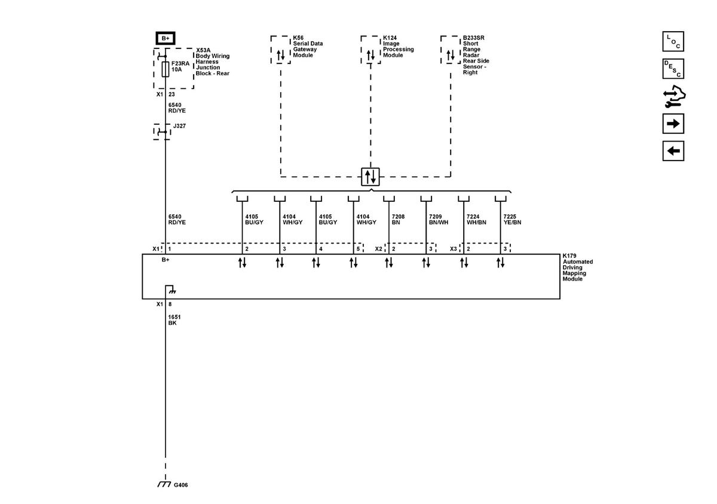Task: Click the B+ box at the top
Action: pyautogui.click(x=165, y=38)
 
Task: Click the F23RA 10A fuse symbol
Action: pyautogui.click(x=166, y=68)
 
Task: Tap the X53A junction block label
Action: pyautogui.click(x=213, y=62)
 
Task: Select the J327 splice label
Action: pyautogui.click(x=180, y=126)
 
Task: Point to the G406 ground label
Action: pyautogui.click(x=181, y=485)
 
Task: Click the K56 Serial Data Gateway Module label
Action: pyautogui.click(x=308, y=47)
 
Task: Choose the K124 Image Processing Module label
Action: pyautogui.click(x=398, y=47)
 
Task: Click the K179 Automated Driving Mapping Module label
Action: pyautogui.click(x=578, y=267)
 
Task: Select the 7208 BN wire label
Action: pyautogui.click(x=396, y=219)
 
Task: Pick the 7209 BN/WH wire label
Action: pyautogui.click(x=439, y=219)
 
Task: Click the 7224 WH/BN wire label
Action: pyautogui.click(x=476, y=219)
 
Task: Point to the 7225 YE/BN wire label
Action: pyautogui.click(x=513, y=219)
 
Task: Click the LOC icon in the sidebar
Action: pyautogui.click(x=673, y=42)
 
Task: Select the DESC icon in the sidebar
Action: pyautogui.click(x=673, y=69)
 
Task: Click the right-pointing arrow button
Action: pyautogui.click(x=673, y=124)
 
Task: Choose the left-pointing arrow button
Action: pyautogui.click(x=673, y=150)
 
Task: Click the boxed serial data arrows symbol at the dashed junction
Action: pyautogui.click(x=370, y=177)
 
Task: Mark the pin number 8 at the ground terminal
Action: pyautogui.click(x=170, y=304)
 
